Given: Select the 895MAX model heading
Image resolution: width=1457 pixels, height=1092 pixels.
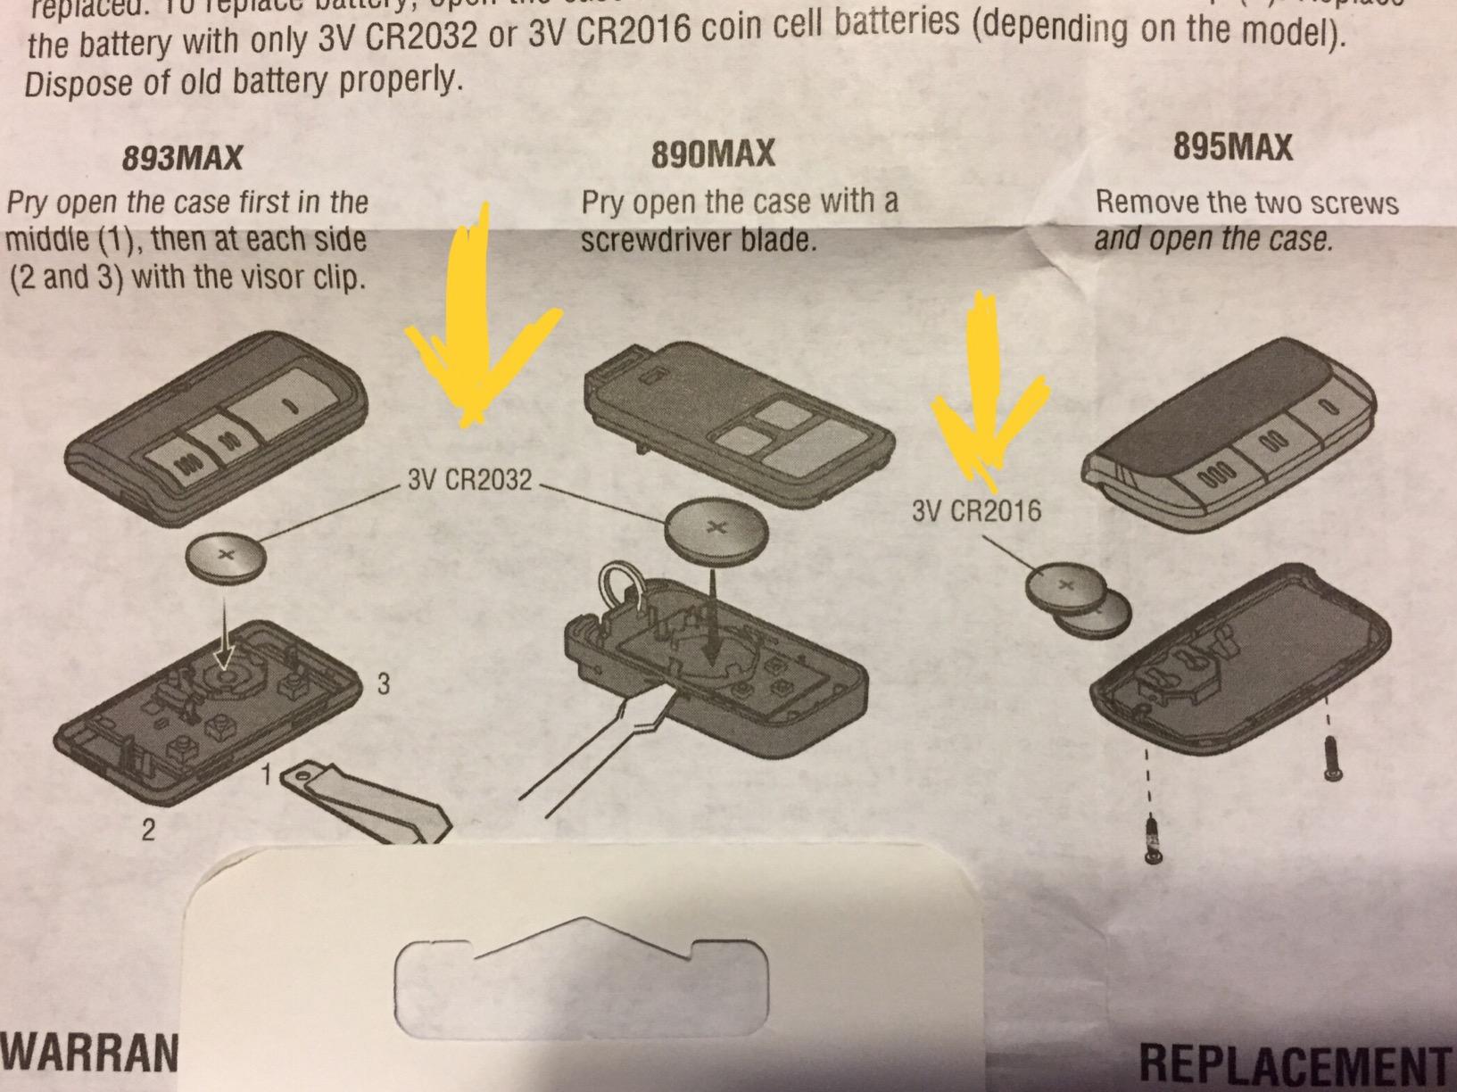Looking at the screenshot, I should (1232, 147).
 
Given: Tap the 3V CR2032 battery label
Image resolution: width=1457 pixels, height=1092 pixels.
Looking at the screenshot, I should (469, 481).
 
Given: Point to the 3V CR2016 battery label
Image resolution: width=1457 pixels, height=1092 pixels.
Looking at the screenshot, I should (976, 511).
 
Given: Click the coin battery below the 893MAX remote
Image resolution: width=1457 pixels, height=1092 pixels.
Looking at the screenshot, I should (226, 557).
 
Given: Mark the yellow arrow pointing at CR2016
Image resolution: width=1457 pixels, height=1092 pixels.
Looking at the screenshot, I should (985, 393).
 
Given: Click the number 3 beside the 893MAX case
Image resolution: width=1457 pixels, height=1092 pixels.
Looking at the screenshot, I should (383, 684).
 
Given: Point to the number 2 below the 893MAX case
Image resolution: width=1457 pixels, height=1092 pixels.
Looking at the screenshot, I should (148, 831).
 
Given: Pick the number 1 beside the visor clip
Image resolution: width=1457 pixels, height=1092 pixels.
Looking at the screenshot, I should (266, 776).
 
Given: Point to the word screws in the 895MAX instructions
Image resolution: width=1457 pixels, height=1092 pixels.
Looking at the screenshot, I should (1348, 203).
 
